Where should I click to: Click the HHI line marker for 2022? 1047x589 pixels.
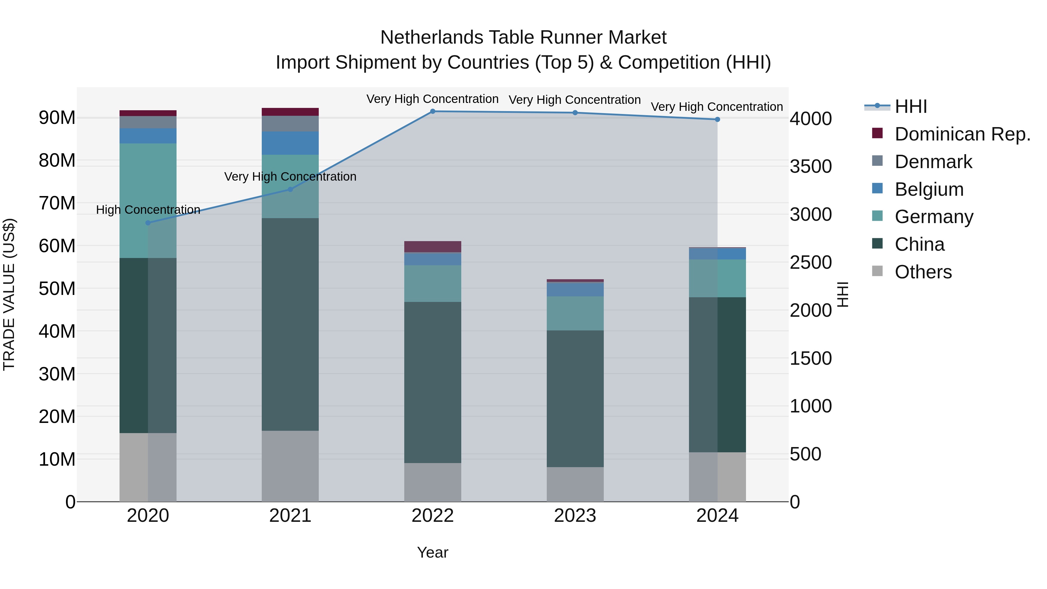pos(432,111)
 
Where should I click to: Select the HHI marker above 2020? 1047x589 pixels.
pos(148,223)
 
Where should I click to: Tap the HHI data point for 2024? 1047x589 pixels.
pos(717,120)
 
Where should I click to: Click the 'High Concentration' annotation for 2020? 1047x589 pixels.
pos(148,210)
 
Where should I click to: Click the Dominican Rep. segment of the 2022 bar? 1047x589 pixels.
pos(432,247)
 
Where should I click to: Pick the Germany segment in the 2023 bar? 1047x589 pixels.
pos(575,313)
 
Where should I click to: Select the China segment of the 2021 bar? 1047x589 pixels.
pos(290,324)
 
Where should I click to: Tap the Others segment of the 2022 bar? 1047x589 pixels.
pos(432,482)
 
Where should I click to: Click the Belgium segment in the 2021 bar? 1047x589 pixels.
pos(290,143)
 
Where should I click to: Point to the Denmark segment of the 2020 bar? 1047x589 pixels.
pos(148,122)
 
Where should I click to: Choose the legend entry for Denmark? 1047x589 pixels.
pos(933,162)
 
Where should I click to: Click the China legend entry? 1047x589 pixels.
pos(919,244)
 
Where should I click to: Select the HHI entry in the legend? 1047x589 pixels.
pos(910,106)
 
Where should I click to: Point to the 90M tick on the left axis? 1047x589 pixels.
pos(57,118)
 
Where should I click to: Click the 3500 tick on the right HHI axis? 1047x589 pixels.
pos(811,167)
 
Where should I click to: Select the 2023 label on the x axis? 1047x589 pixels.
pos(575,516)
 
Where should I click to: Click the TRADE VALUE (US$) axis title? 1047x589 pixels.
pos(9,294)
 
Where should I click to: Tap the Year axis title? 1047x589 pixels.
pos(432,552)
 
